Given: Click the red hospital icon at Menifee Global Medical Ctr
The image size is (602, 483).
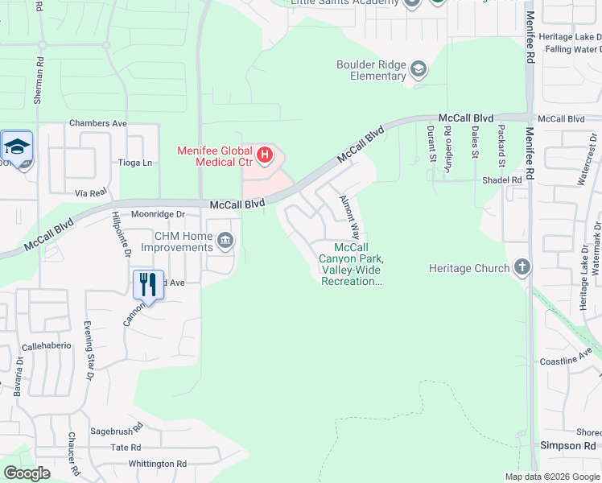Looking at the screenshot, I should click(263, 151).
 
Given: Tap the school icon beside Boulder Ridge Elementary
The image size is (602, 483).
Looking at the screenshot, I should click(419, 70).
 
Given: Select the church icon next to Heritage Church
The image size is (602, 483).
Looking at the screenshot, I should click(522, 267).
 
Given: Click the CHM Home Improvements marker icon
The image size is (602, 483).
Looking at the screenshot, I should click(226, 241).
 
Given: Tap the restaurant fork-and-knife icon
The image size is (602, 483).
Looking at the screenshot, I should click(148, 284).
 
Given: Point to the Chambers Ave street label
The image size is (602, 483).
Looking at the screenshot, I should click(98, 123).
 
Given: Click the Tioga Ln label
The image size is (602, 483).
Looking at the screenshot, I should click(135, 163).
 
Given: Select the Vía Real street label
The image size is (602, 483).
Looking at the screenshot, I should click(91, 193).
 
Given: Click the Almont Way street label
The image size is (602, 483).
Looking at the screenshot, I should click(348, 215).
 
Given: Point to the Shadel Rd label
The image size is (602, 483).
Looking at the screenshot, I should click(503, 180).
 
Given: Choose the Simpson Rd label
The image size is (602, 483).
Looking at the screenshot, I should click(568, 445).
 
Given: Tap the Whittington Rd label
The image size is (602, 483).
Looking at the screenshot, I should click(157, 464).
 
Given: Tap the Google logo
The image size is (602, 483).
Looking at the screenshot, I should click(27, 473).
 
